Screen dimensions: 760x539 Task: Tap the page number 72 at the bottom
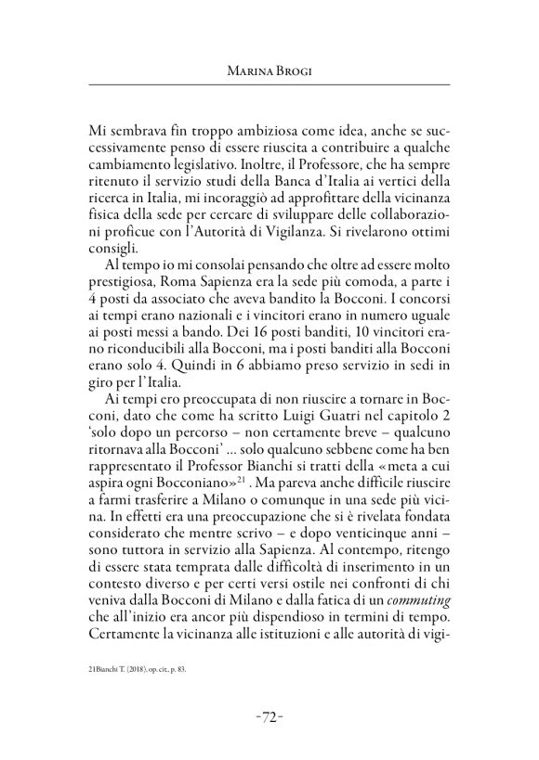pyautogui.click(x=269, y=715)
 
